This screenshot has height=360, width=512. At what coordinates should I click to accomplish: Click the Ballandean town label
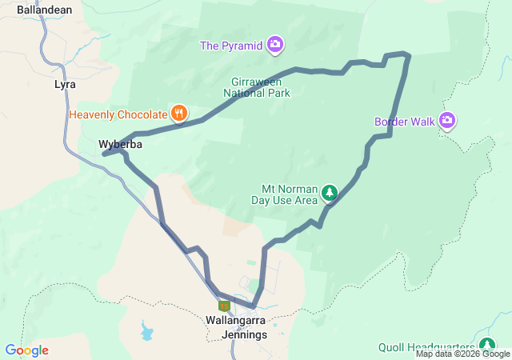(45, 10)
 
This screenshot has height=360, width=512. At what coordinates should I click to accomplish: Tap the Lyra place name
(65, 84)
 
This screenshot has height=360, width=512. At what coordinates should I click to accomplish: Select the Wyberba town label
(120, 145)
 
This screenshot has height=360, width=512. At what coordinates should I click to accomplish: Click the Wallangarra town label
(235, 320)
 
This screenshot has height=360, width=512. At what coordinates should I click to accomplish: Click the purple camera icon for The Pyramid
(275, 45)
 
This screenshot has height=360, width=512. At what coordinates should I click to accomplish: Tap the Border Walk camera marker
(447, 121)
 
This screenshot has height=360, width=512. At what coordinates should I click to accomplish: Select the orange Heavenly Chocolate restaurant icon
(179, 114)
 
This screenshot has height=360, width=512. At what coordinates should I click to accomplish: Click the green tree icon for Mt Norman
(329, 193)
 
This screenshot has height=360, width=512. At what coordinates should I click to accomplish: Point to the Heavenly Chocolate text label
(118, 114)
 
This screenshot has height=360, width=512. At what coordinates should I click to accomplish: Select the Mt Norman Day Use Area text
(285, 194)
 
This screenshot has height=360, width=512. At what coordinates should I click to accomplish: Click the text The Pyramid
(231, 46)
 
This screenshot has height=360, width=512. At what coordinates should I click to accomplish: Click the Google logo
(26, 350)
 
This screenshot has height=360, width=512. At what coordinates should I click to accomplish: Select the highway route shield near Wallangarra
(224, 305)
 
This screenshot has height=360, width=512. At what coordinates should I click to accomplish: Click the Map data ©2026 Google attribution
(462, 354)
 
